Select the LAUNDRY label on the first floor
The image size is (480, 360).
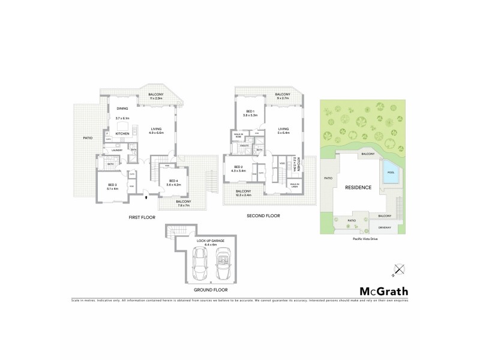116,150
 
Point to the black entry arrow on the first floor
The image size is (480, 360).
146,196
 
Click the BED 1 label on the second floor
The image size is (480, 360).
251,112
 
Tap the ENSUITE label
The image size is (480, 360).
244,146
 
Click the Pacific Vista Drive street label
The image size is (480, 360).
364,237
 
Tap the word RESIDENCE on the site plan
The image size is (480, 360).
358,188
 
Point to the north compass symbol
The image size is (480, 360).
397,270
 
